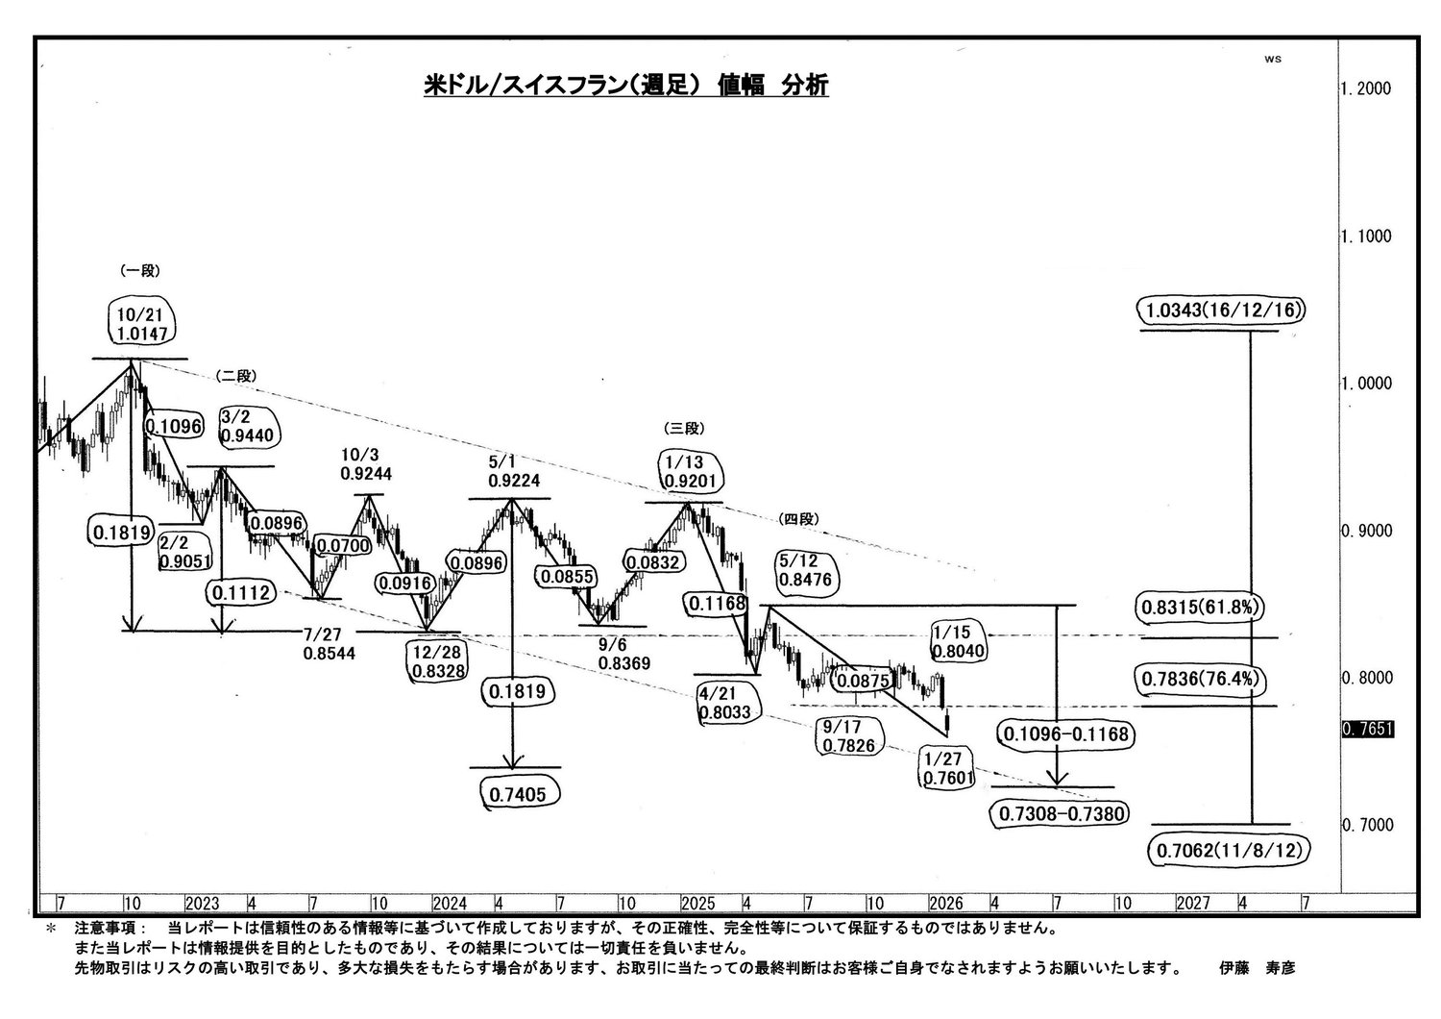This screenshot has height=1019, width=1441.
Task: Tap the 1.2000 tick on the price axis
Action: [x=1366, y=88]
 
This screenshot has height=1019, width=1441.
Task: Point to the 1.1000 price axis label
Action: [x=1366, y=236]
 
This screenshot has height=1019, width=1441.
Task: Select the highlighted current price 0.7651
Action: [x=1368, y=730]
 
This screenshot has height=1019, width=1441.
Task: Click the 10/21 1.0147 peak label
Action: [x=141, y=324]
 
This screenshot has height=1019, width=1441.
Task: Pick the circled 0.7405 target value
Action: [x=518, y=795]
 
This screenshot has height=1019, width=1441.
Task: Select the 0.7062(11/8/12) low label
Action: [x=1230, y=851]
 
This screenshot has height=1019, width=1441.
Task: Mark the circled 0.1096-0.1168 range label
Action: [x=1066, y=733]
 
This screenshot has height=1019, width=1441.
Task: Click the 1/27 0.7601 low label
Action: [x=948, y=769]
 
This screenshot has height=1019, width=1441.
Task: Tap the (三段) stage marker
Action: [x=684, y=428]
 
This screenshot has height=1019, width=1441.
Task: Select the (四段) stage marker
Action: [x=799, y=519]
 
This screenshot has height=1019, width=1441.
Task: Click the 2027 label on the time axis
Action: [x=1193, y=904]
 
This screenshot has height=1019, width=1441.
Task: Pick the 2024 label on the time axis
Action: [x=450, y=904]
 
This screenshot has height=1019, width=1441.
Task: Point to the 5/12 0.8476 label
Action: [x=805, y=570]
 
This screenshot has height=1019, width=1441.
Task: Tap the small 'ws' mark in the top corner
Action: [x=1273, y=60]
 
